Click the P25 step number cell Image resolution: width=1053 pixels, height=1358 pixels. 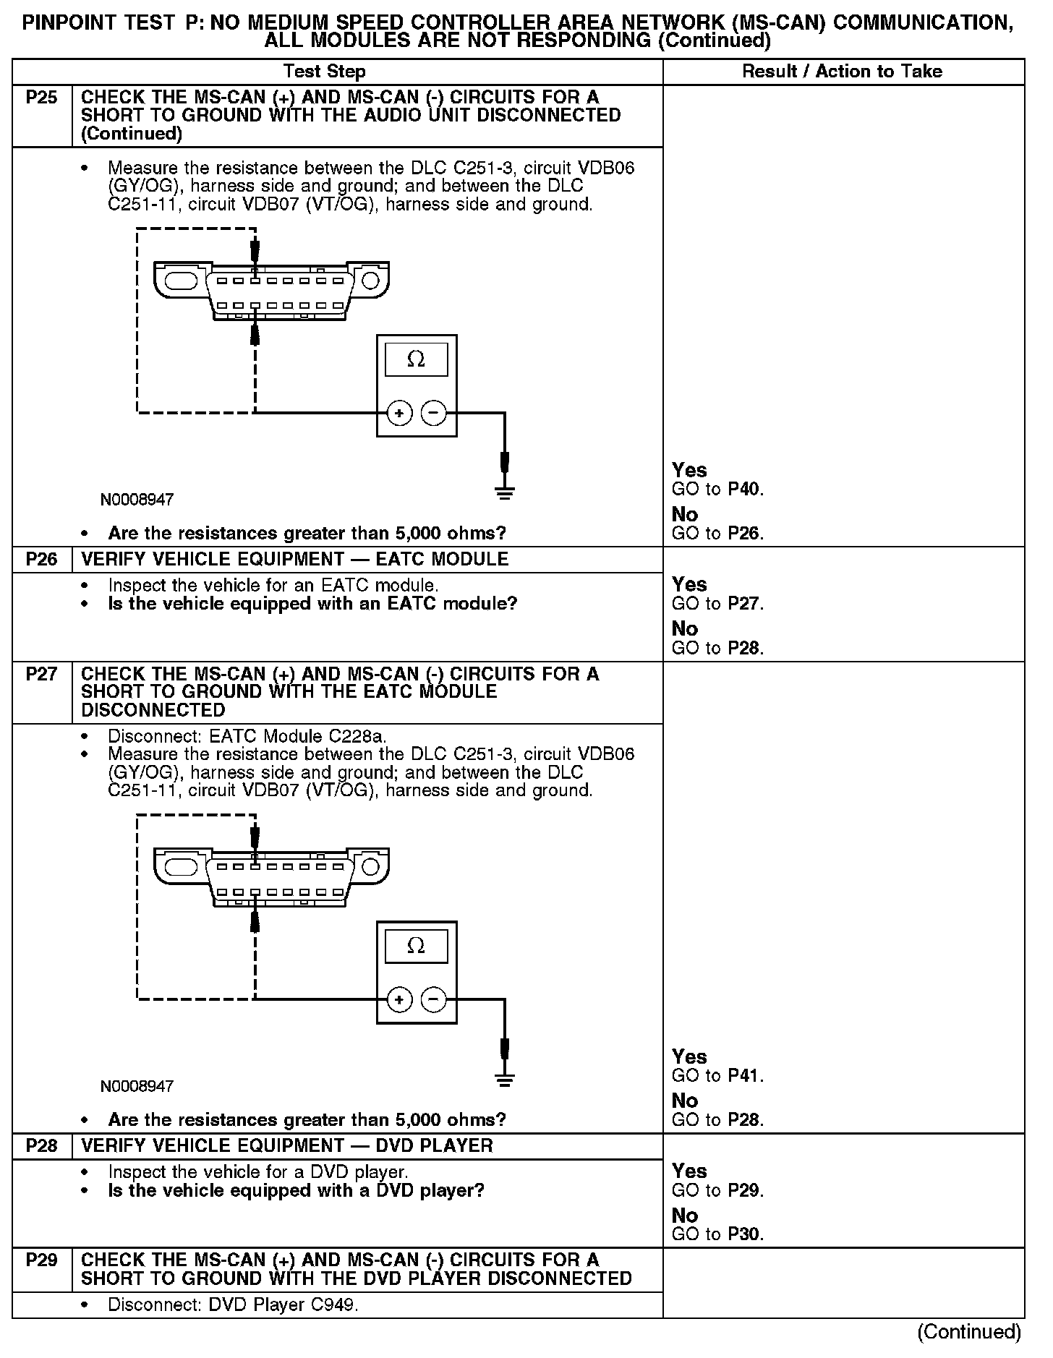point(41,98)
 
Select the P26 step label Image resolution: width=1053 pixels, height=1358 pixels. point(41,559)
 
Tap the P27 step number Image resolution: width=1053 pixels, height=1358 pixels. point(41,674)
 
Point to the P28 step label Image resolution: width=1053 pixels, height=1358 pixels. point(41,1145)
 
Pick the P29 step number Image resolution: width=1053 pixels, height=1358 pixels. point(41,1260)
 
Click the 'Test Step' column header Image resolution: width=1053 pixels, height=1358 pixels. point(325,72)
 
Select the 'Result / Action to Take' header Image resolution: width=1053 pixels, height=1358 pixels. point(843,72)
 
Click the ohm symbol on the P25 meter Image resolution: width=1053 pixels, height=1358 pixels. point(416,359)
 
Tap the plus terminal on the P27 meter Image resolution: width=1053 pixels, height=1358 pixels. point(399,1000)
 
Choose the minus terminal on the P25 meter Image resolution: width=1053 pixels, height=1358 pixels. point(434,413)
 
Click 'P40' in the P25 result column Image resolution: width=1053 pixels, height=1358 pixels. point(745,490)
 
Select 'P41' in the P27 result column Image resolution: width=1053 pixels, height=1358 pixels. point(745,1076)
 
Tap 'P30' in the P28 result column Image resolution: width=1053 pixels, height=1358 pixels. point(745,1234)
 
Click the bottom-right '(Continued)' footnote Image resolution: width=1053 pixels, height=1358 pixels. point(968,1332)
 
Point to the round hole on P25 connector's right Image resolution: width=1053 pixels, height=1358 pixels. point(370,280)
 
